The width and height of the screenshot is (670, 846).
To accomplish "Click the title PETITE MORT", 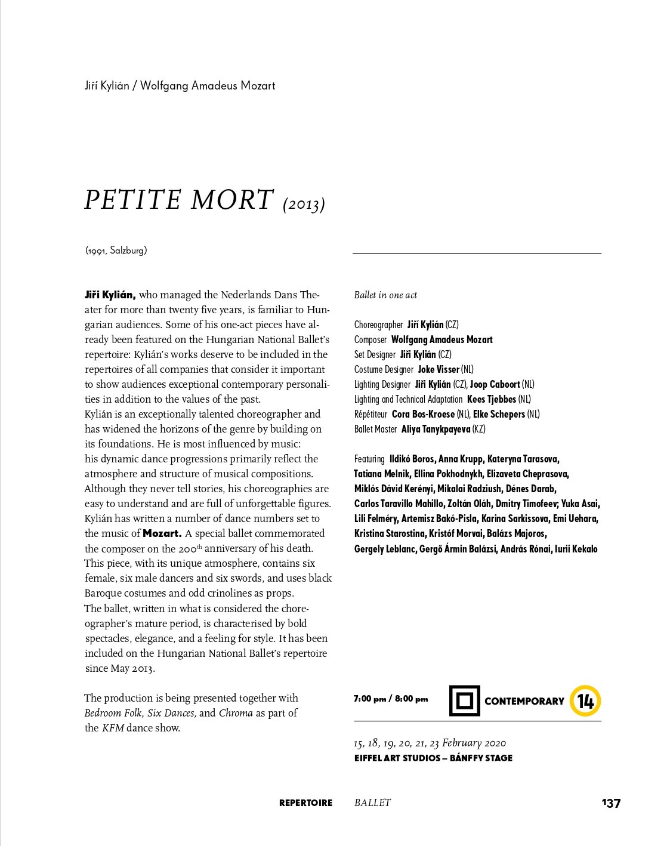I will tap(178, 200).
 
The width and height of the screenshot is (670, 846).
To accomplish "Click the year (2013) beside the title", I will tap(304, 204).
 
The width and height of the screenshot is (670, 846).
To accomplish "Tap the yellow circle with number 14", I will tap(585, 700).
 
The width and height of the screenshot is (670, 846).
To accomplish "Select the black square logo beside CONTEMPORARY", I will tap(464, 700).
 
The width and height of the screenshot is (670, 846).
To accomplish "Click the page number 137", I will tap(611, 803).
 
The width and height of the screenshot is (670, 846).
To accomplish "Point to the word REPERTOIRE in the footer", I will tap(305, 803).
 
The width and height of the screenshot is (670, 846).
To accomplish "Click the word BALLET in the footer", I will tap(372, 803).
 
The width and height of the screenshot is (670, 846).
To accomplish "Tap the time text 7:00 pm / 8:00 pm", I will tap(390, 699).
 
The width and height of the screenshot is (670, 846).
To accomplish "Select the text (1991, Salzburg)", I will tap(116, 251).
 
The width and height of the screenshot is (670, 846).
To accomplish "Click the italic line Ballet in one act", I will tap(385, 295).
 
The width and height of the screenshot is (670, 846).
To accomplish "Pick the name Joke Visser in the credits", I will tap(439, 370).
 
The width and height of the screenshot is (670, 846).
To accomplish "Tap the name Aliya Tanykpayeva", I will tap(436, 430).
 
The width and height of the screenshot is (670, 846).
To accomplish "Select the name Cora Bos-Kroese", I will tap(423, 415).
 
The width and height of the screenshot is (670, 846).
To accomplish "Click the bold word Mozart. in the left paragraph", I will tap(162, 533).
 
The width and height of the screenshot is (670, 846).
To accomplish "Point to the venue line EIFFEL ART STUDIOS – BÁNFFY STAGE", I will tap(433, 758).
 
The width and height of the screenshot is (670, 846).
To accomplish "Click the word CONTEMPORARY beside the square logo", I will tap(524, 701).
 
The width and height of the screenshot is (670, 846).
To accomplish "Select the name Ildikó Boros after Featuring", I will tap(412, 459).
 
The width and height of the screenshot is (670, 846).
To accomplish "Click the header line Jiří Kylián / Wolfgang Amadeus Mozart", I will tap(180, 86).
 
